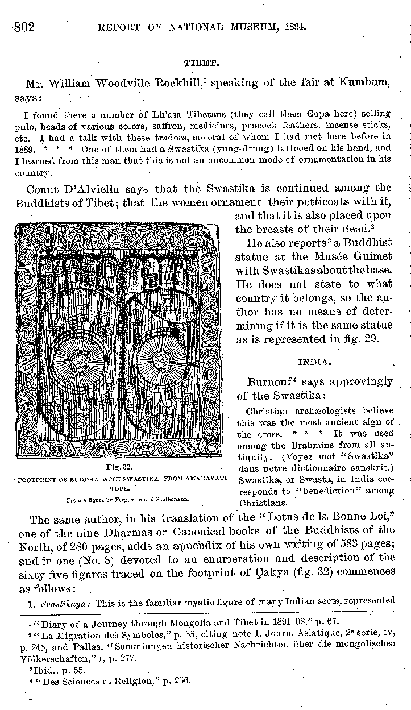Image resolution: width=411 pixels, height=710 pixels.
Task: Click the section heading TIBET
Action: coord(198,61)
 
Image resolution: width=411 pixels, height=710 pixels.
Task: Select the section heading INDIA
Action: coord(312,362)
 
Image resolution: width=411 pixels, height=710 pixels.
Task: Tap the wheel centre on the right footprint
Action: coord(161,359)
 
